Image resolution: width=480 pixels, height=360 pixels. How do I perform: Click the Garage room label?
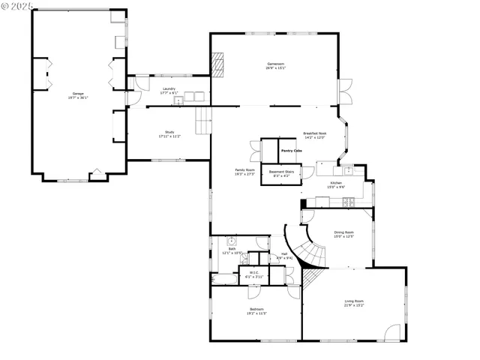[x=78, y=95]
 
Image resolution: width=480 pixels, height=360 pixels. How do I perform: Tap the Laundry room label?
[x=169, y=91]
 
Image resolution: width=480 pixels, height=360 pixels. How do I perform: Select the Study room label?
[x=169, y=135]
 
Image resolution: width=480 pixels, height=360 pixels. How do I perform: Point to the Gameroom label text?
[x=275, y=66]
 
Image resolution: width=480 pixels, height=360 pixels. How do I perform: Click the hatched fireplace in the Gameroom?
[x=218, y=64]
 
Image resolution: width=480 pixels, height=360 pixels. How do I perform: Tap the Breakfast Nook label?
[x=314, y=136]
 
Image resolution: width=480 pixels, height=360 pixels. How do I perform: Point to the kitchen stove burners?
[x=349, y=202]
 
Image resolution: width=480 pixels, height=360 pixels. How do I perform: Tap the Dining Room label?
[x=344, y=235]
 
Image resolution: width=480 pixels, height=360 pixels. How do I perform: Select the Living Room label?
[x=354, y=303]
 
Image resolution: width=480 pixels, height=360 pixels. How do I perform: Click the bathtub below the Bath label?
[x=225, y=278]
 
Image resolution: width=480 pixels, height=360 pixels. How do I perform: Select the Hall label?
[x=284, y=256]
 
